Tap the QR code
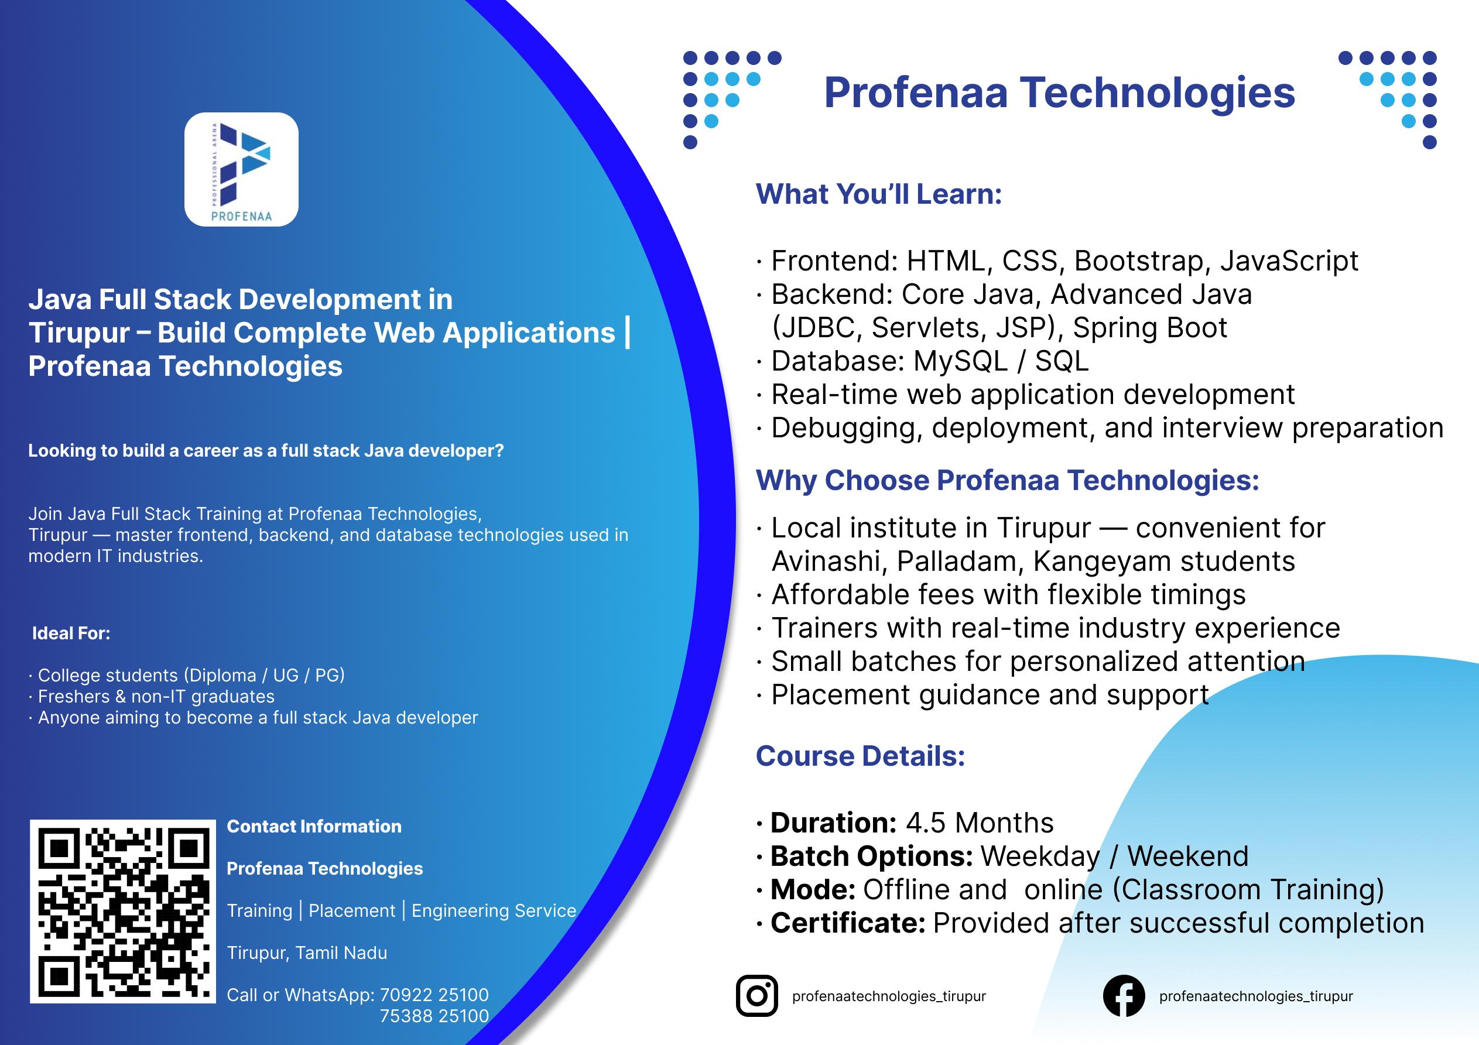pyautogui.click(x=122, y=911)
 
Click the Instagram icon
pyautogui.click(x=756, y=995)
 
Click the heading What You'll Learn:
pyautogui.click(x=878, y=194)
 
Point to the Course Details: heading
pyautogui.click(x=860, y=756)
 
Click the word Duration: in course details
pyautogui.click(x=834, y=823)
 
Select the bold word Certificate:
pyautogui.click(x=848, y=923)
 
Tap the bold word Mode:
pyautogui.click(x=813, y=889)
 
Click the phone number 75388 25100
pyautogui.click(x=434, y=1015)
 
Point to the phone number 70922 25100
pyautogui.click(x=434, y=994)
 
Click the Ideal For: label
pyautogui.click(x=71, y=633)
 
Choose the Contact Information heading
pyautogui.click(x=314, y=826)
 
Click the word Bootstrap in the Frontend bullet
pyautogui.click(x=1139, y=261)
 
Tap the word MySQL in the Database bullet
pyautogui.click(x=960, y=361)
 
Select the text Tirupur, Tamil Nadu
pyautogui.click(x=307, y=953)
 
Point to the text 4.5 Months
pyautogui.click(x=979, y=823)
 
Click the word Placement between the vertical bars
pyautogui.click(x=352, y=910)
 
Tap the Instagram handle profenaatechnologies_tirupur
pyautogui.click(x=888, y=996)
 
